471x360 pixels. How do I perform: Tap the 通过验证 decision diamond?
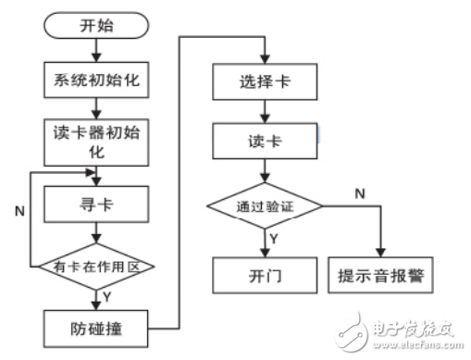[265, 205]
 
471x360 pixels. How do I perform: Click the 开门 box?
[266, 275]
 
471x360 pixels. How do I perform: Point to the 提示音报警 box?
[382, 275]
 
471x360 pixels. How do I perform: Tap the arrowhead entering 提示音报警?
[382, 251]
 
